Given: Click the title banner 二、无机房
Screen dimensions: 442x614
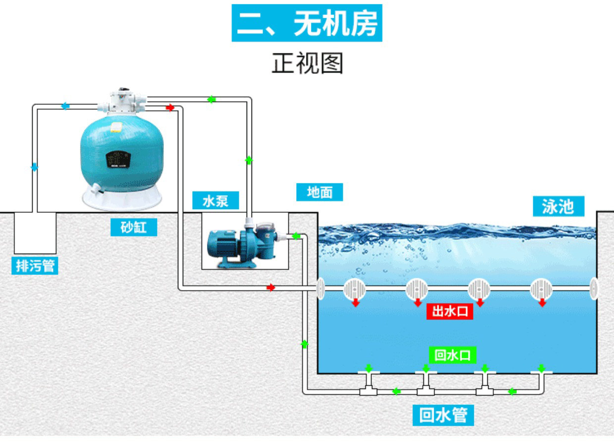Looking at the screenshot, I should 307,23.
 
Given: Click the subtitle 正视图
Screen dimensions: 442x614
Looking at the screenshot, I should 307,63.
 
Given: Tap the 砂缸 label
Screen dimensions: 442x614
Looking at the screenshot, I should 134,227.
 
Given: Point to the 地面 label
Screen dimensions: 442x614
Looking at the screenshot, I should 319,192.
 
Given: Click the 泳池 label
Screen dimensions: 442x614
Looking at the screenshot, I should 558,206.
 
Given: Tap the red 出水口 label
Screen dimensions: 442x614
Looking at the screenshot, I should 450,311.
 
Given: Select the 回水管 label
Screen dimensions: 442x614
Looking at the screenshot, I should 443,415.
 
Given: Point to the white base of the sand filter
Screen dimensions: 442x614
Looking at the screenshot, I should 122,198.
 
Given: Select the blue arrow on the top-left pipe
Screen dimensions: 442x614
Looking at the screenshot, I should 65,106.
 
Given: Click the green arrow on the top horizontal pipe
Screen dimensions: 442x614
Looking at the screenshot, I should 211,99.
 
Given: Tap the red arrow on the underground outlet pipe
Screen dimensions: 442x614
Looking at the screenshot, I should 270,287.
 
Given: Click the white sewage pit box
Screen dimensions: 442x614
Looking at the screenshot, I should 35,233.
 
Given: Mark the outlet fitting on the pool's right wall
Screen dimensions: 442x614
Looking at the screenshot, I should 594,288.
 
